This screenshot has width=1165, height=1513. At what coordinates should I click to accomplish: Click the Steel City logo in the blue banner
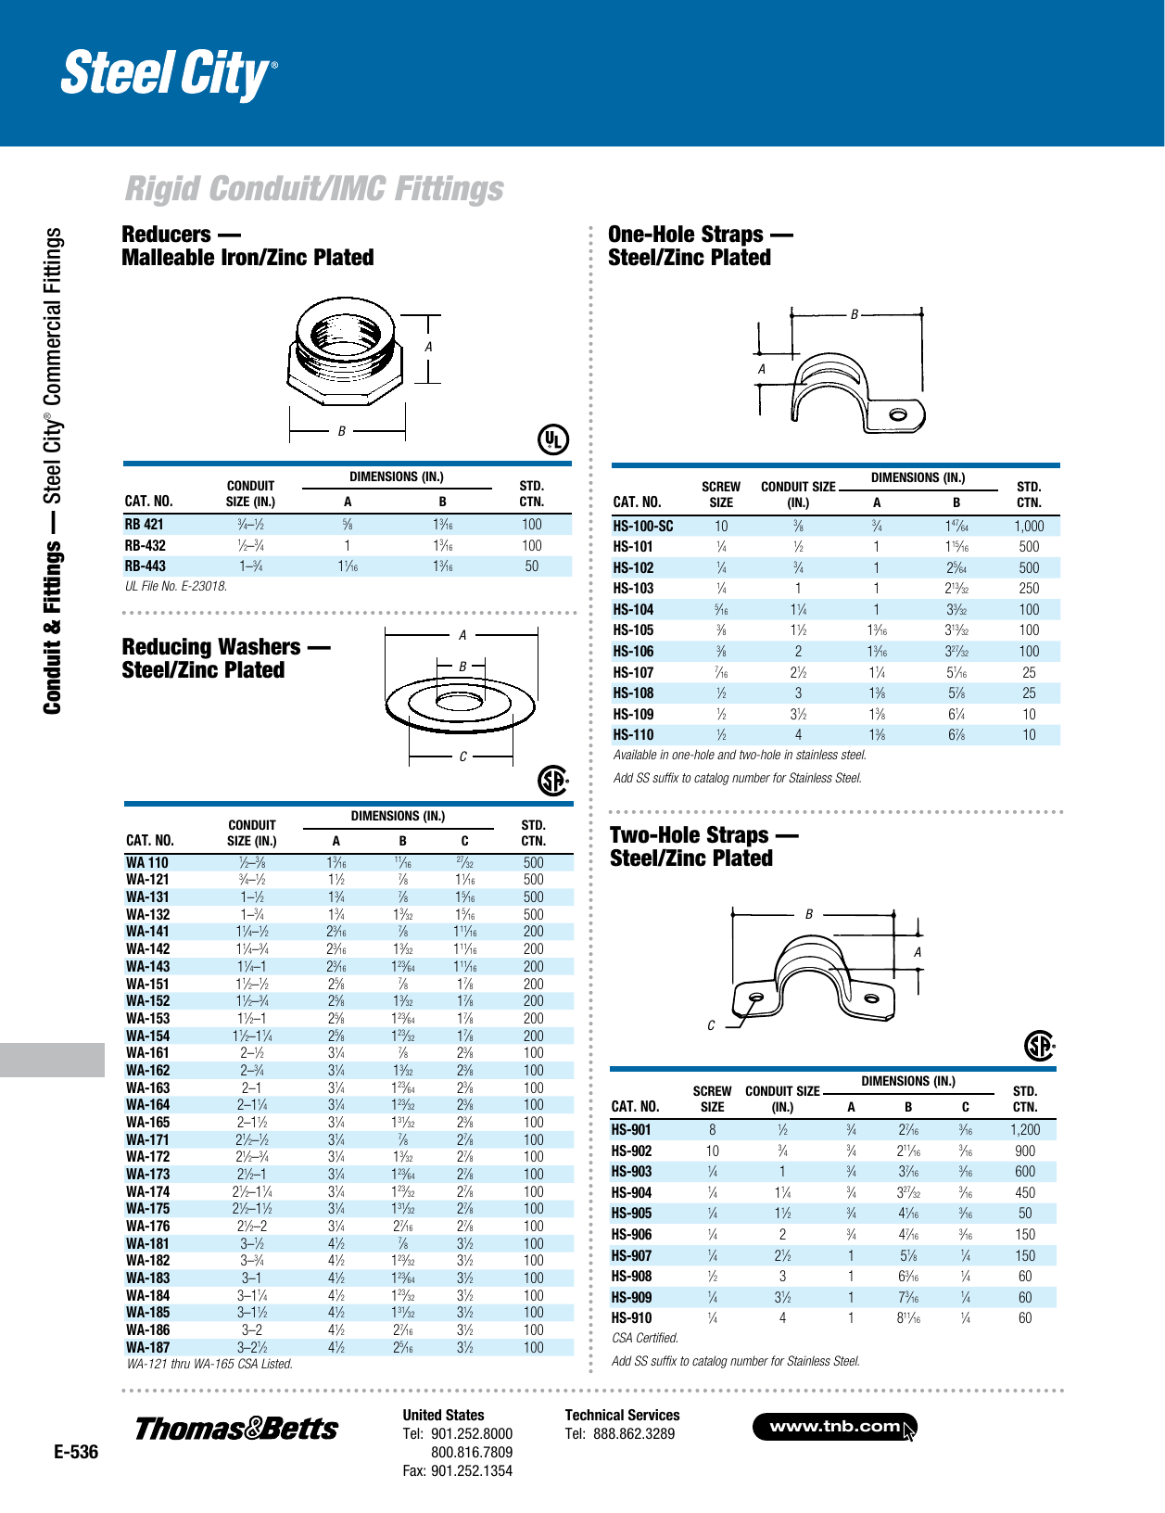[168, 74]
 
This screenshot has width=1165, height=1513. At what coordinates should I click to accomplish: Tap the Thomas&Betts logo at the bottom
[236, 1429]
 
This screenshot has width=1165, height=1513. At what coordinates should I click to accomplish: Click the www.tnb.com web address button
[835, 1427]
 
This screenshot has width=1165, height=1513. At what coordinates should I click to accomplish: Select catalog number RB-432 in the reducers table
[146, 545]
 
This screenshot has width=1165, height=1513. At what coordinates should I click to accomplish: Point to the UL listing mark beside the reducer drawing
[553, 439]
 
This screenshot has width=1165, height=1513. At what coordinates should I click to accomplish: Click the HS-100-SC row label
[642, 526]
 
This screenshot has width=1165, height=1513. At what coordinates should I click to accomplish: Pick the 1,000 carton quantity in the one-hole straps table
[1029, 526]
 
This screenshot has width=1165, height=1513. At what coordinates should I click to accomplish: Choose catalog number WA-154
[148, 1036]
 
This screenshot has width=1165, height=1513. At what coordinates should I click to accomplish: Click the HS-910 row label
[631, 1317]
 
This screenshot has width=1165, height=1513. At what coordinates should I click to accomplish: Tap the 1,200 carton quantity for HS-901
[1025, 1130]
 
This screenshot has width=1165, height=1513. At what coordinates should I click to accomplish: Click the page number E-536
[76, 1452]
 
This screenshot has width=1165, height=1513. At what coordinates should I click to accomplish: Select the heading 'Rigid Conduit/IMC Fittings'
[314, 189]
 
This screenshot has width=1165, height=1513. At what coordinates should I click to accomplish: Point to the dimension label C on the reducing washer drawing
[463, 756]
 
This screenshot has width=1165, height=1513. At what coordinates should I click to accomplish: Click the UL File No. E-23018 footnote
[176, 586]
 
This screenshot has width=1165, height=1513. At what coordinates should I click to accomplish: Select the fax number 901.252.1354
[471, 1470]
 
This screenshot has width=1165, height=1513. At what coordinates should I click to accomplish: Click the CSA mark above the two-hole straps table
[1040, 1046]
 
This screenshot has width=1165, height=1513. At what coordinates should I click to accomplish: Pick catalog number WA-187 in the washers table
[148, 1347]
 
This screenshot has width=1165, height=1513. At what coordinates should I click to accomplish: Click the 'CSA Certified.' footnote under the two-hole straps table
[645, 1338]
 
